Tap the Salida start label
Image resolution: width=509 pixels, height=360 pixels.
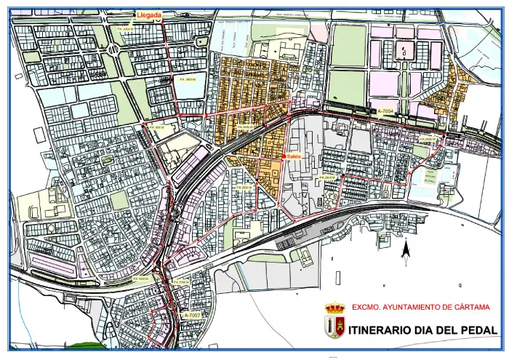[x=294, y=156]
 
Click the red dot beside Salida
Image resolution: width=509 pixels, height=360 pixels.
[x=284, y=156]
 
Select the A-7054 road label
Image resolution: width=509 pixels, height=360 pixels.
[x=386, y=111]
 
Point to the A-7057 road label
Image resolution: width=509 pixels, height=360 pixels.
[x=192, y=315]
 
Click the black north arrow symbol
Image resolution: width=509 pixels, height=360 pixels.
[x=405, y=250]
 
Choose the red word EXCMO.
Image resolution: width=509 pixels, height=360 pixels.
[x=366, y=308]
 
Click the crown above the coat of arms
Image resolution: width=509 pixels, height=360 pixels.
[x=334, y=308]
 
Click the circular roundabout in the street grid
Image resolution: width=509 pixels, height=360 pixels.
[x=114, y=48]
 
